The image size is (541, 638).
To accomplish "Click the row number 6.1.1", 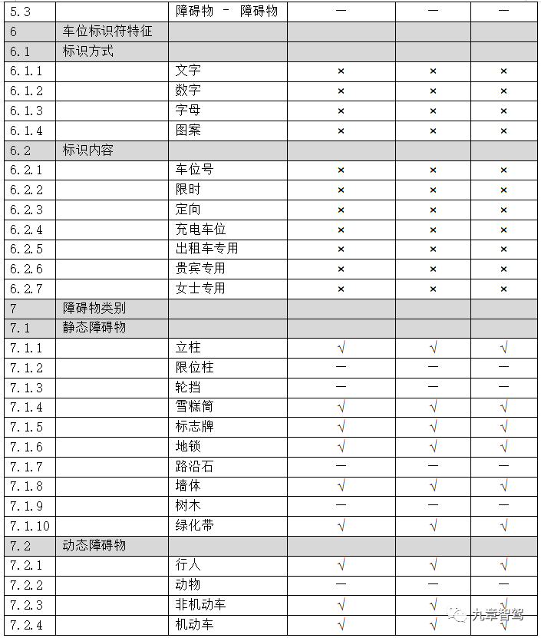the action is pos(26,71).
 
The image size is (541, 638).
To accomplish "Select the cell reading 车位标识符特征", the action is pos(107,32).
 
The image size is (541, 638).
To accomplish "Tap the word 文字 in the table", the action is pos(188,71).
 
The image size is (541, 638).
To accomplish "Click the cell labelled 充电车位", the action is pos(200,230).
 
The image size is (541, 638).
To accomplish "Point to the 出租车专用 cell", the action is pos(206,249).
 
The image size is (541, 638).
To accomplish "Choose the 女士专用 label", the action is pos(200,289).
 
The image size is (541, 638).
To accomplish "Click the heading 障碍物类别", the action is pos(94,309).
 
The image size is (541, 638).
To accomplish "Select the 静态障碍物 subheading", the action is pos(94,328).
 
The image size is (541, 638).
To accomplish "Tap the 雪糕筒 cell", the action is pos(194,407).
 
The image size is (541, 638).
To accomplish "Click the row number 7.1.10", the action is pos(29,526).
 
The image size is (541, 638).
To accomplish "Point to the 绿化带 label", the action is pos(194,526).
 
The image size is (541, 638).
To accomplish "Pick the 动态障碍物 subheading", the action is pos(94,546).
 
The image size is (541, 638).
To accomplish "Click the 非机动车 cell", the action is pos(200,605).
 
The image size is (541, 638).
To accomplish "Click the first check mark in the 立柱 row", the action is pos(341,348).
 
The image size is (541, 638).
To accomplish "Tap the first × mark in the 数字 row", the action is pos(341,91).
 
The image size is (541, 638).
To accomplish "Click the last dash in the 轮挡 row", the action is pos(503,387).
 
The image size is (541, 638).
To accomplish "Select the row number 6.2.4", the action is pos(26,230).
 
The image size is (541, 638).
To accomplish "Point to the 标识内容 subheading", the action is pos(88,150).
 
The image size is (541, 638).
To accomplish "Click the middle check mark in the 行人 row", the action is pos(433,565).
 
